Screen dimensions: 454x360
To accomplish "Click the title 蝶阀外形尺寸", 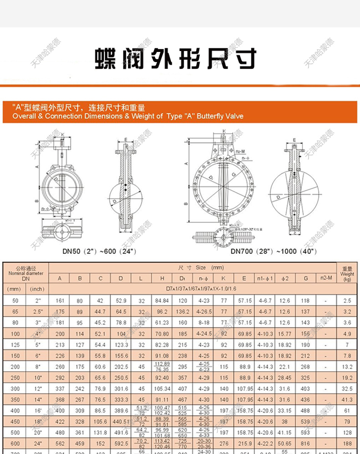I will [x=175, y=59].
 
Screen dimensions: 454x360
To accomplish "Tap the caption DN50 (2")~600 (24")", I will [x=99, y=251].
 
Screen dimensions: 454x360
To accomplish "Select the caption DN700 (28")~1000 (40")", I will [x=273, y=251].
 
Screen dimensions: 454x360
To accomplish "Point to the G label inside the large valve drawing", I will [x=233, y=175].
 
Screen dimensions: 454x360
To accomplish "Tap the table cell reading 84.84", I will [x=162, y=301].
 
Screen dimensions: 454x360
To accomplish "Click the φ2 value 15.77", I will [x=284, y=334].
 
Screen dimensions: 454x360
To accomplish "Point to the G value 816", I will [x=305, y=443].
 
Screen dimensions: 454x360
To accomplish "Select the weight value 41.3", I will [x=347, y=399].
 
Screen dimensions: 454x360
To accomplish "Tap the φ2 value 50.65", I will [x=284, y=443].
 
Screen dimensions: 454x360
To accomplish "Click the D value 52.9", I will [x=120, y=301].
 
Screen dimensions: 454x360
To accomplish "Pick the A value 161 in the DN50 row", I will [x=59, y=301].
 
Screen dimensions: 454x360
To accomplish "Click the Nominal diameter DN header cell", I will [x=26, y=273].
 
